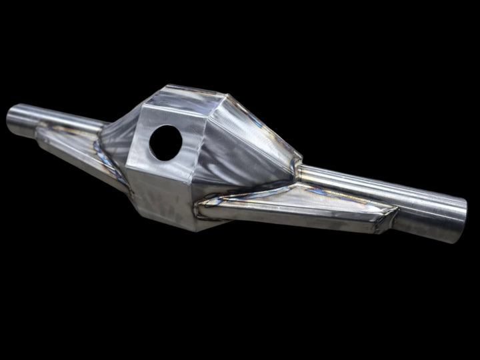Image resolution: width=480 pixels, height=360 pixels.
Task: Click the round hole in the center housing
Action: (165, 142)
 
